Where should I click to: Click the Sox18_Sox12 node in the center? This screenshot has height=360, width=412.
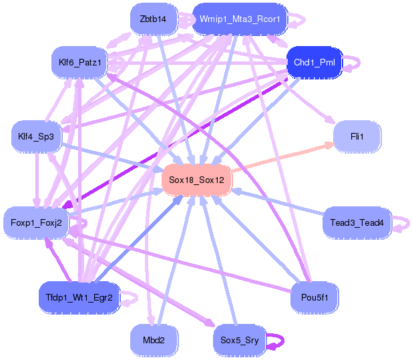click(x=196, y=180)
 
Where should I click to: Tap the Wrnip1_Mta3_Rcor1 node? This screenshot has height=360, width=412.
click(x=240, y=19)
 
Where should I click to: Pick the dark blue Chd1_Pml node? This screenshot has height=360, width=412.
click(x=314, y=62)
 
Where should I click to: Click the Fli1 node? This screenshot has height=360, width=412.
click(x=357, y=136)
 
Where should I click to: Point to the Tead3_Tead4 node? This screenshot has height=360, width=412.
click(x=357, y=222)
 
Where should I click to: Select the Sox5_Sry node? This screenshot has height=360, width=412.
click(x=239, y=340)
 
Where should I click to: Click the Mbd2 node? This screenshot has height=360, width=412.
click(x=153, y=340)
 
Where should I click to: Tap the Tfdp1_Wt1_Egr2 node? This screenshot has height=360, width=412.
click(x=79, y=297)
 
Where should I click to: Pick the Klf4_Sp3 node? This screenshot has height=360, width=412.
click(x=36, y=136)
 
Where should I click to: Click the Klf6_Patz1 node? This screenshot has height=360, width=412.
click(x=79, y=62)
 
